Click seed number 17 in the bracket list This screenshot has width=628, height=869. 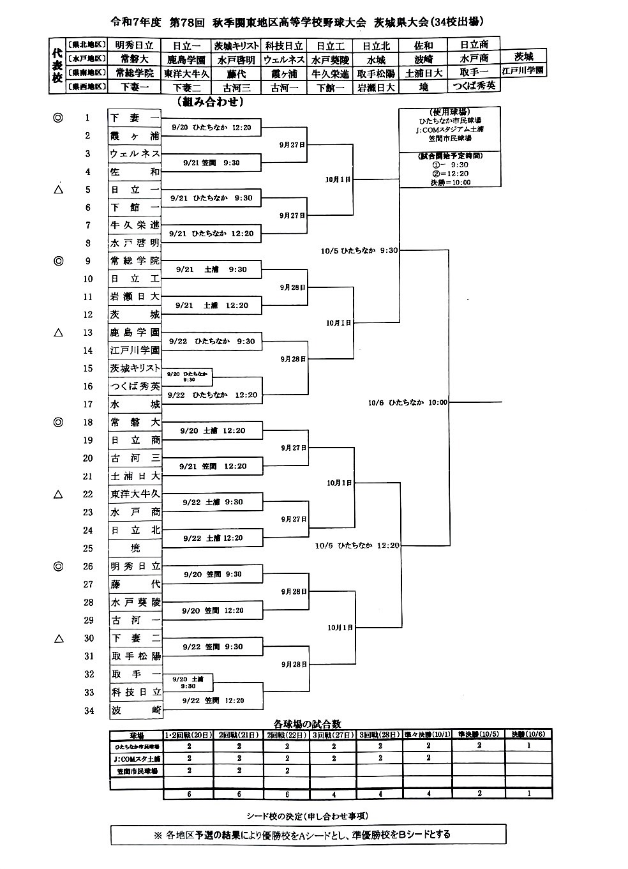coord(88,404)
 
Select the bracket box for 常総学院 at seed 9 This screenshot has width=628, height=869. coord(134,261)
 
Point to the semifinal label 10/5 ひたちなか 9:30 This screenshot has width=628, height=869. coord(359,251)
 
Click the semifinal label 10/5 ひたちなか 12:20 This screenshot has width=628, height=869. coord(357,546)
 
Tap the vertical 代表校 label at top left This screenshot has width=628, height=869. coord(56,64)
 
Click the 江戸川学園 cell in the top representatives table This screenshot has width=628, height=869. coord(523,70)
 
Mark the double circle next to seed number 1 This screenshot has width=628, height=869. coord(58,117)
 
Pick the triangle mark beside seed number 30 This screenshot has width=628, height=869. coord(58,638)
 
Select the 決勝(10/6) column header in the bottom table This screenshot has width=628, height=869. coord(528,735)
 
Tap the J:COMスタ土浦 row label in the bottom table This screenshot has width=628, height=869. coord(136,759)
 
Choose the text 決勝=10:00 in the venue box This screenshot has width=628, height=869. coord(449,183)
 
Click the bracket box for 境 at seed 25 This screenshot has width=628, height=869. coord(134,548)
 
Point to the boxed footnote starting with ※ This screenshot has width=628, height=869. coord(308,834)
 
